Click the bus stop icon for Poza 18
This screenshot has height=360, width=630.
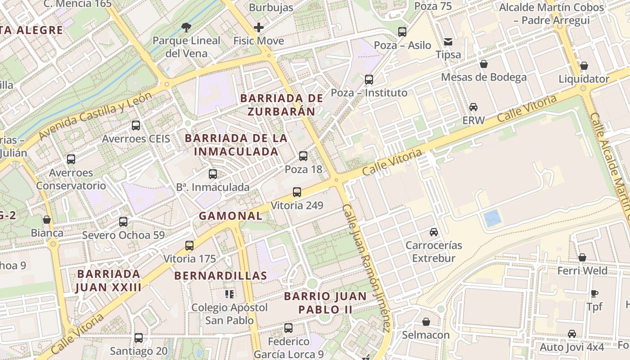point(303,156)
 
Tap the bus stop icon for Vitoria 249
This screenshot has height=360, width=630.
point(297,192)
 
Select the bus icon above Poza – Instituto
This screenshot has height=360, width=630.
point(369,80)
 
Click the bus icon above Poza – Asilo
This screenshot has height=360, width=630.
point(402,32)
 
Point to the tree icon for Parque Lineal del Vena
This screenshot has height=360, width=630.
point(186,27)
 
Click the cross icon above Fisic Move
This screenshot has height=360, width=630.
point(259,27)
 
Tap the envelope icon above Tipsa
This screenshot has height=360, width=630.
point(448,42)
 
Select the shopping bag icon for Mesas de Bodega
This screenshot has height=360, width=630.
point(484,64)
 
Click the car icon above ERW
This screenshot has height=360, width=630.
point(473,107)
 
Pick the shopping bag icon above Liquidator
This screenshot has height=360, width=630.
point(584,66)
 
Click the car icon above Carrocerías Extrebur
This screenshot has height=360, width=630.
point(434,232)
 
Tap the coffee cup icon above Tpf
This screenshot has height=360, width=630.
point(594,293)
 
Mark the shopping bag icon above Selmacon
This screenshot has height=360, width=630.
point(426,322)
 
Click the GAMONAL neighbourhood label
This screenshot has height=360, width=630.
point(231,216)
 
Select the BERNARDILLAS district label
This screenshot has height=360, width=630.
point(220,275)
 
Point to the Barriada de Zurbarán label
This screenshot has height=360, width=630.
point(282,104)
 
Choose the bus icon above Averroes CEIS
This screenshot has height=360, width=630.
point(136,126)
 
